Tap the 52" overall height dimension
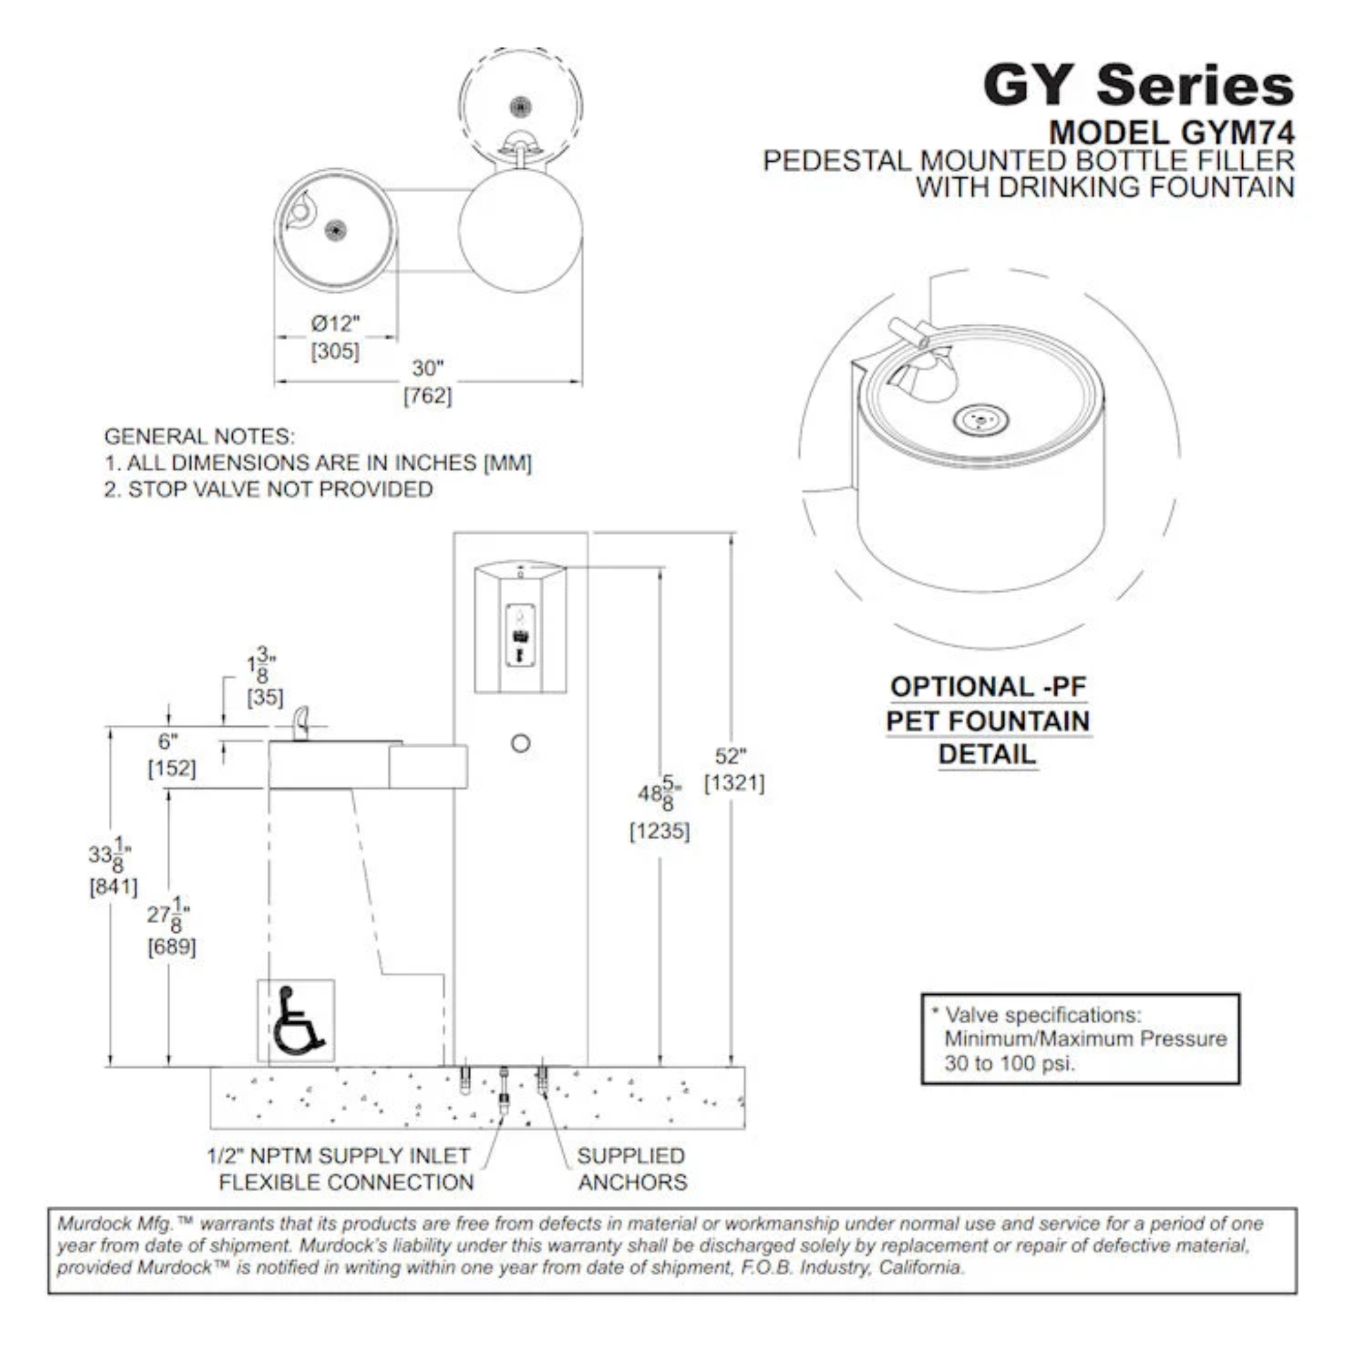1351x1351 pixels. point(732,757)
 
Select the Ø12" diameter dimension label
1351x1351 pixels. point(335,324)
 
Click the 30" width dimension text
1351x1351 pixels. point(427,369)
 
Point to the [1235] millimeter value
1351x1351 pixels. point(660,831)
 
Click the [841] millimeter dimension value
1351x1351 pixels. point(113,887)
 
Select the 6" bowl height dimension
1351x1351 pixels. point(168,741)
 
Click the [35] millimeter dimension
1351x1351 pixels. point(265,697)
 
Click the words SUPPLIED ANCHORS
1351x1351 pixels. point(632,1169)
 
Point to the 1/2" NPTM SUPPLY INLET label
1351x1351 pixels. point(339,1156)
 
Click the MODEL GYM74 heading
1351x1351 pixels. point(1172,132)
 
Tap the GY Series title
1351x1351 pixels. point(1139,85)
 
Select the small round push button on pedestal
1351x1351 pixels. point(520,743)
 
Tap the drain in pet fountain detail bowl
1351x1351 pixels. point(980,420)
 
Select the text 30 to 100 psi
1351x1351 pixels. point(1009,1063)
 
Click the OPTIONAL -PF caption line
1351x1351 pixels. point(988,687)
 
